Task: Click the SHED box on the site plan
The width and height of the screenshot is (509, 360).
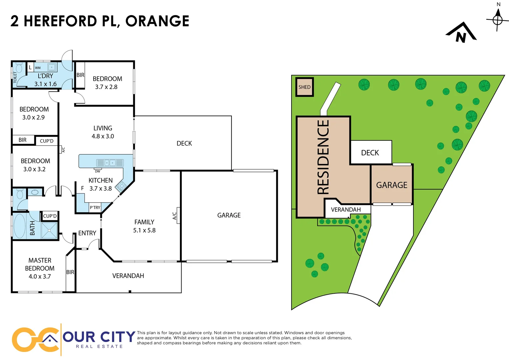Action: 304,87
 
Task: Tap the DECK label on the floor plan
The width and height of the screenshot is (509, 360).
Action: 184,143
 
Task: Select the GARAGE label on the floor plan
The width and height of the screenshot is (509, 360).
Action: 229,215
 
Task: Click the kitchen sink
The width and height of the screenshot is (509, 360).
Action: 110,163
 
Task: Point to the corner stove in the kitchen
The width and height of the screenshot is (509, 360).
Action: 121,186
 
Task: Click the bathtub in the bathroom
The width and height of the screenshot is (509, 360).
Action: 20,226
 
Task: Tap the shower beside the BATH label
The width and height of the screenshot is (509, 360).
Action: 49,230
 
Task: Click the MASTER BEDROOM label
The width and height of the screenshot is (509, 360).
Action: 40,264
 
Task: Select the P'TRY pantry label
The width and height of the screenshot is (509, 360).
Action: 95,207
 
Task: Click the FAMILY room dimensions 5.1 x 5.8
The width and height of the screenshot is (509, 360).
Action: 144,230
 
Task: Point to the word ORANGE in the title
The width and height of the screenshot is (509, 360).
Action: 157,21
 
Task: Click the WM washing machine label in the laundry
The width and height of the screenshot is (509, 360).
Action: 38,68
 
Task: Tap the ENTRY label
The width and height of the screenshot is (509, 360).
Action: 87,233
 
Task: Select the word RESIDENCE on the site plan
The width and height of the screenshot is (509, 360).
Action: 323,157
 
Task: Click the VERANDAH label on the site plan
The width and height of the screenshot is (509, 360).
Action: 346,210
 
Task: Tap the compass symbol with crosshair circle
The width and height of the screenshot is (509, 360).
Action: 498,20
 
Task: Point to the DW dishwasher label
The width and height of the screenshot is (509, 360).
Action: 98,171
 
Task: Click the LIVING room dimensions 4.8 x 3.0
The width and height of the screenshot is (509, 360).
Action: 103,136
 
